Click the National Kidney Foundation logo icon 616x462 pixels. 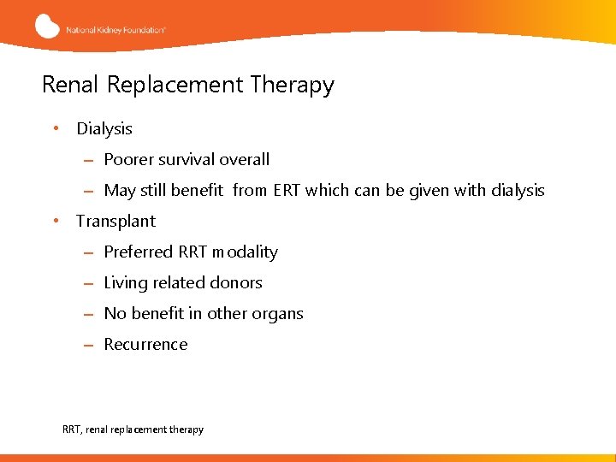[x=48, y=26]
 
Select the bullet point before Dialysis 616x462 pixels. [x=55, y=128]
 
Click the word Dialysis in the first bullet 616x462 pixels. [x=104, y=129]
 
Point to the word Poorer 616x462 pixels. [x=129, y=159]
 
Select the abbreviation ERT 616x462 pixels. [x=287, y=190]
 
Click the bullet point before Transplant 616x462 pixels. [x=55, y=221]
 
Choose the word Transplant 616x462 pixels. [x=115, y=222]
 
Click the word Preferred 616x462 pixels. [x=139, y=252]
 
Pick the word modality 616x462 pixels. [x=245, y=252]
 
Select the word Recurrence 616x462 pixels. [x=145, y=344]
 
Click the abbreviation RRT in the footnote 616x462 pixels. [x=73, y=429]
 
